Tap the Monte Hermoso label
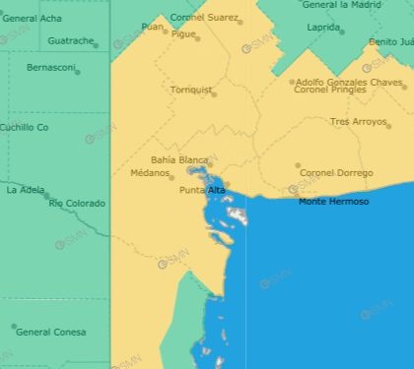coord(334,202)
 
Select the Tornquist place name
coord(191,91)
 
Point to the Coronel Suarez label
coord(204,18)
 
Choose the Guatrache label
coord(70,41)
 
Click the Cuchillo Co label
coord(24,127)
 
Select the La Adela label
coord(24,190)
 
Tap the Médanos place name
coord(150,173)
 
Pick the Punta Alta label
coord(202,190)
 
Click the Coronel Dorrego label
coord(336,173)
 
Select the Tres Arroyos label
coord(359,121)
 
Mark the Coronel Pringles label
coord(328,91)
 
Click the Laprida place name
coord(322,28)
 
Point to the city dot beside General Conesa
coord(13,327)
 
